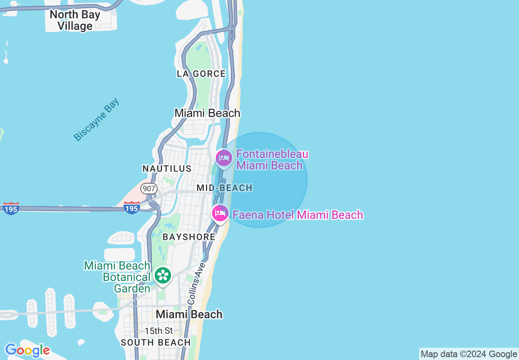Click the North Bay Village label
[75, 20]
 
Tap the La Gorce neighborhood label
[201, 74]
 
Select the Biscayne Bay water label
[97, 119]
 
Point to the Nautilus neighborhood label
[167, 169]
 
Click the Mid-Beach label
[225, 188]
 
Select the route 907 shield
[149, 189]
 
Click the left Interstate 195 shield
[11, 208]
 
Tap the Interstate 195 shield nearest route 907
[132, 207]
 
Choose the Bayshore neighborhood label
[189, 237]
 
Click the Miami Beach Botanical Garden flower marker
[163, 275]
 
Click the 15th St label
[159, 331]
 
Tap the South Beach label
[156, 343]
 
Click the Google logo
[27, 351]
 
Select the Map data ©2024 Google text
[469, 354]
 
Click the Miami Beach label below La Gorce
[208, 113]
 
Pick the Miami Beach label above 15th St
[190, 314]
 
